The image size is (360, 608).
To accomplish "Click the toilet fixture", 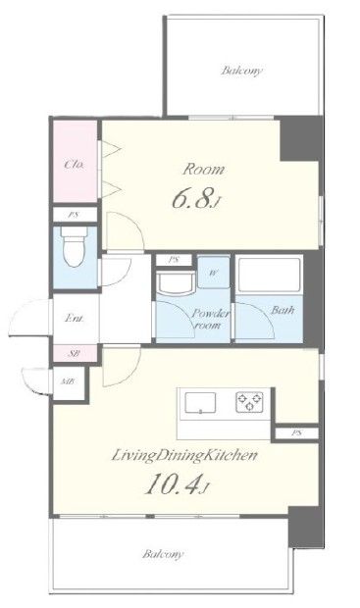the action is [75, 246].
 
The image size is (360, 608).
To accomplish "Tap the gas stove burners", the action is [249, 402].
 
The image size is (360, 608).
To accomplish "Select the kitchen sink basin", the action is [200, 403].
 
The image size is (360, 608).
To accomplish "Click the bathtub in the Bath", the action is [270, 275].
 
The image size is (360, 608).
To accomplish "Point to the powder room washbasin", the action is [175, 282].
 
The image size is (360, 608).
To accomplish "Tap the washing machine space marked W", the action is [213, 273].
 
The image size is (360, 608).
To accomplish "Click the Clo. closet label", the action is [74, 165].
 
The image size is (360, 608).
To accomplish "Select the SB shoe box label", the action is [74, 354].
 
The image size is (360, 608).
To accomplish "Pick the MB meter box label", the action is [68, 381].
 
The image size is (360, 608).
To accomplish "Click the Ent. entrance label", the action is [74, 319].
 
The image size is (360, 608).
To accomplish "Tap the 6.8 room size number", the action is [193, 199].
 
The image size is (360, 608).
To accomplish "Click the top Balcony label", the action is [242, 71].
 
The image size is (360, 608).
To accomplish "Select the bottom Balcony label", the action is [163, 554].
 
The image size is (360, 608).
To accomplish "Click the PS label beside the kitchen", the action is [296, 433].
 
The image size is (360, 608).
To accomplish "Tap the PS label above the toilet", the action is [73, 215].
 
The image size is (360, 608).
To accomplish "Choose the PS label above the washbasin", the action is [173, 260].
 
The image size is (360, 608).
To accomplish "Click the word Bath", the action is [283, 310].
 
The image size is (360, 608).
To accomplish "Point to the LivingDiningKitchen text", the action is [184, 455].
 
